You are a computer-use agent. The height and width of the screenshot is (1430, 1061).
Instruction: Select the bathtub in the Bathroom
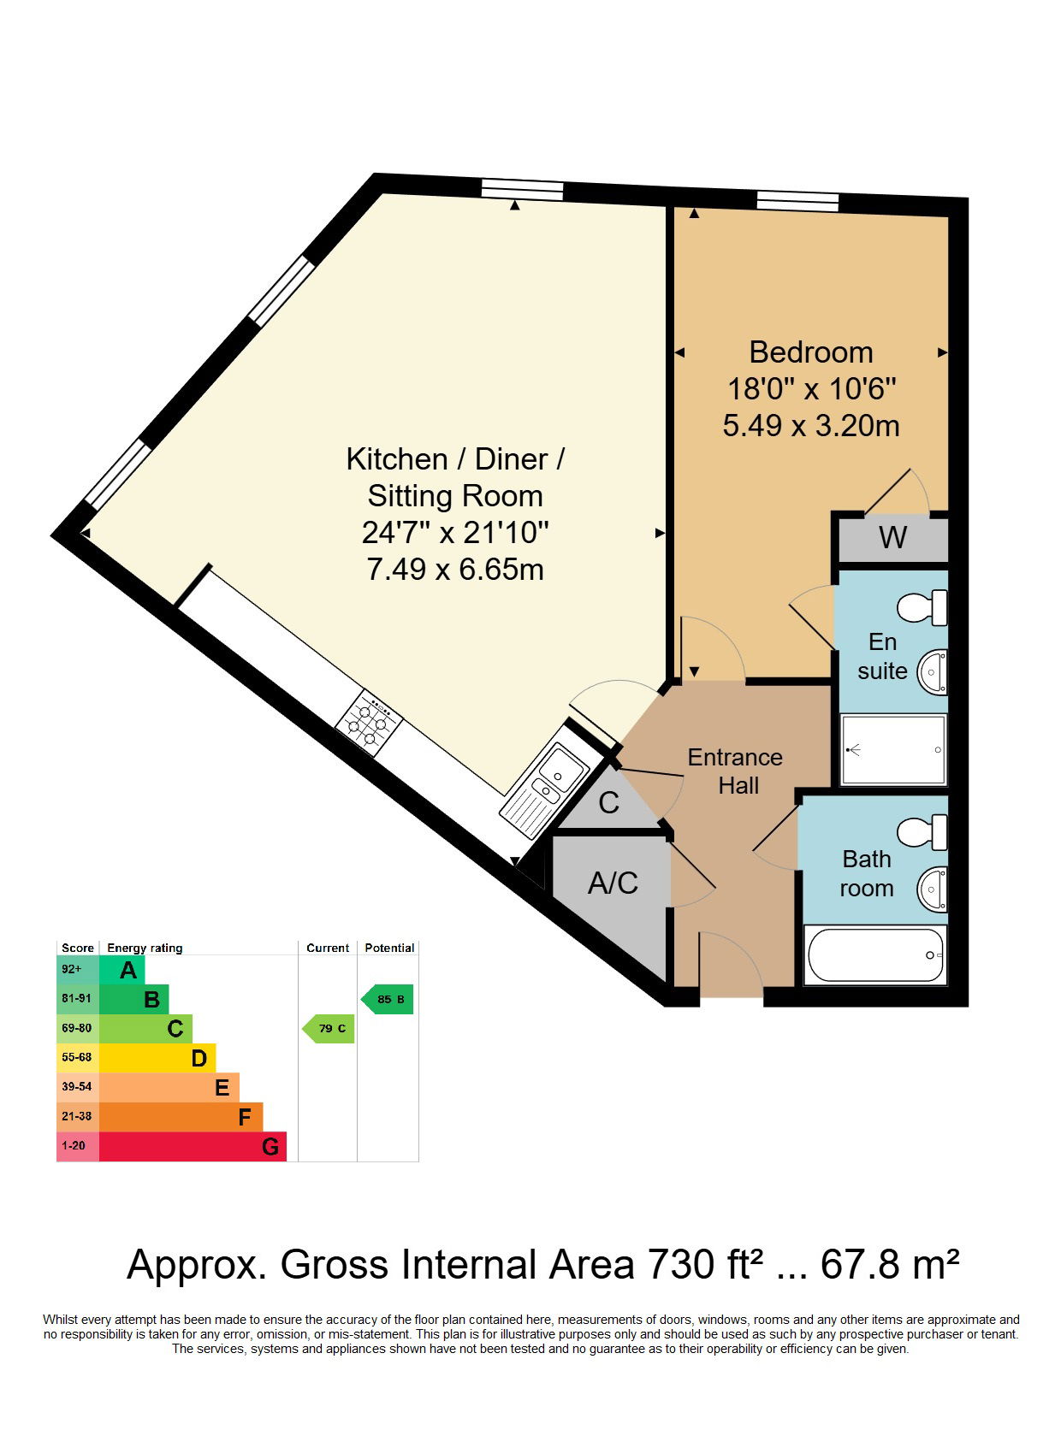[x=874, y=954]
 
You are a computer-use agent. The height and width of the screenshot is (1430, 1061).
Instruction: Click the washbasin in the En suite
[x=933, y=671]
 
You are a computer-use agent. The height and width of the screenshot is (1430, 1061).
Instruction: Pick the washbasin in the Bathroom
[x=933, y=889]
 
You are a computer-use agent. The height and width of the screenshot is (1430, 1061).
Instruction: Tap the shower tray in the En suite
[x=893, y=750]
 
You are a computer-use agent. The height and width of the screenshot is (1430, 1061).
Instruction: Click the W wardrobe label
[x=892, y=539]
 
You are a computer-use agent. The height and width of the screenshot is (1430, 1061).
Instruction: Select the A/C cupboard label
[x=613, y=883]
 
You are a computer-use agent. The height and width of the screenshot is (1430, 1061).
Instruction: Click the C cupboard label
[x=608, y=803]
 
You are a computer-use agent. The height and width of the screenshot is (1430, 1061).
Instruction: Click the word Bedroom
[x=810, y=352]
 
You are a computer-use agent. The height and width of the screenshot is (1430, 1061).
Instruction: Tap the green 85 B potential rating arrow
[x=388, y=999]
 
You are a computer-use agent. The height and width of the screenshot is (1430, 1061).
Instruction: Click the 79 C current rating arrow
[x=329, y=1028]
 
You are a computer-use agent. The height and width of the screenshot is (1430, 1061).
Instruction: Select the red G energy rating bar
[x=193, y=1146]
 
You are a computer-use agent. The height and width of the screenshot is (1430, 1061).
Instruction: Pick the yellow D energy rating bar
[x=157, y=1058]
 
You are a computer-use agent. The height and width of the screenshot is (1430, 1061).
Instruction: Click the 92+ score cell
[x=77, y=970]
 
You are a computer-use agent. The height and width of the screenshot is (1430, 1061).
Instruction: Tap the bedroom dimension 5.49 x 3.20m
[x=810, y=426]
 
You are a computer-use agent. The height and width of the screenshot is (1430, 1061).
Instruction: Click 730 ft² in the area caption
[x=705, y=1265]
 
